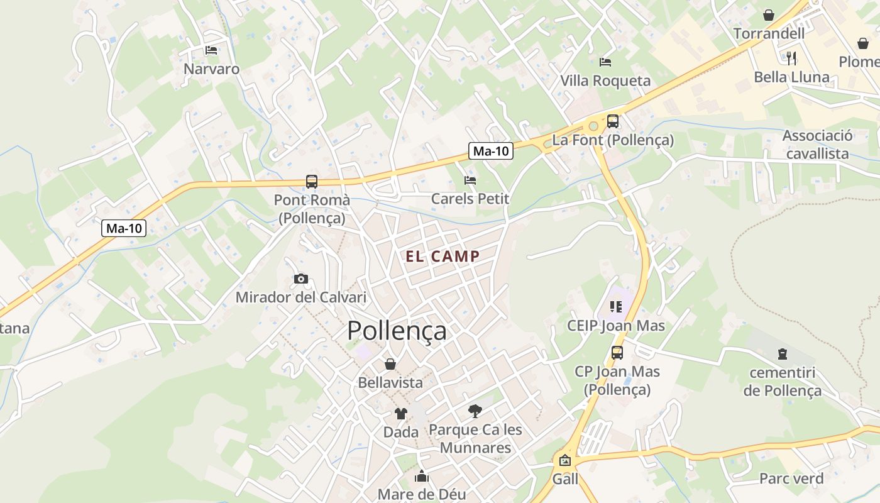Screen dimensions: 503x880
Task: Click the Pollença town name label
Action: tap(397, 331)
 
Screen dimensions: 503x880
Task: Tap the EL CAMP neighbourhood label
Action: tap(443, 257)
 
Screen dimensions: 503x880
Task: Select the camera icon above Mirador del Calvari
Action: tap(301, 279)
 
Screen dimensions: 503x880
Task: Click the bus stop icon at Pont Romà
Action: tap(312, 182)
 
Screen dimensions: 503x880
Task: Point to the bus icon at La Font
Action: tap(613, 121)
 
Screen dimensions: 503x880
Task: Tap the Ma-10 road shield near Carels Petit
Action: tap(491, 151)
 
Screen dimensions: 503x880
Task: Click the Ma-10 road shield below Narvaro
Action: tap(124, 228)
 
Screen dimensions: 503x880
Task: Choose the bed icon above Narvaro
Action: tap(211, 50)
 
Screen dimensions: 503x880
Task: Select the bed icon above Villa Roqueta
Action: tap(605, 62)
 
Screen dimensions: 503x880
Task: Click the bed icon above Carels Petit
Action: tap(470, 180)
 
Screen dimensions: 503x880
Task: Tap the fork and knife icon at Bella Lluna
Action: tap(791, 58)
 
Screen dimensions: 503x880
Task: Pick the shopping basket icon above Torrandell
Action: tap(769, 14)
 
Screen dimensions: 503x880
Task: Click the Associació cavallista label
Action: tap(817, 145)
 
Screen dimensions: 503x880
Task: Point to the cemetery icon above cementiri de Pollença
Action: tap(782, 354)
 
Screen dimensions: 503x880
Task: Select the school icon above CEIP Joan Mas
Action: tap(615, 307)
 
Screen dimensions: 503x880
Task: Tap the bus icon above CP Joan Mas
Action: tap(617, 353)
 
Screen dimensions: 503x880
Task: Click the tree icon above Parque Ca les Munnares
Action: tap(475, 411)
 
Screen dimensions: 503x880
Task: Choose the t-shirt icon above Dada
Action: tap(400, 413)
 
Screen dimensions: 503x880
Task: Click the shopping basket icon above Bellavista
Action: tap(390, 364)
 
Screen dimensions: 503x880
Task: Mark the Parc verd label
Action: tap(791, 478)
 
